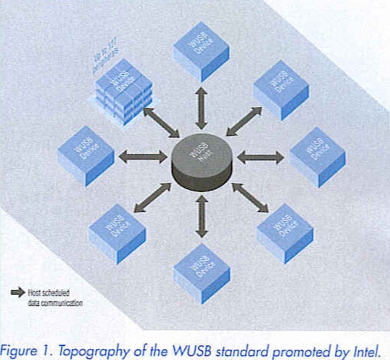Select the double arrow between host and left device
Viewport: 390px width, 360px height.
click(143, 157)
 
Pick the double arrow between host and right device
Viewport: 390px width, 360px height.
click(260, 157)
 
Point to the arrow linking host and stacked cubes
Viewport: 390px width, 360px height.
click(159, 122)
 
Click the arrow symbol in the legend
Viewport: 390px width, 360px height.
click(18, 292)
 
